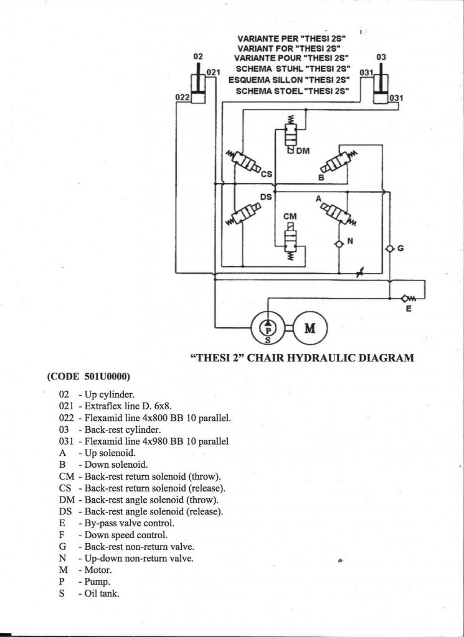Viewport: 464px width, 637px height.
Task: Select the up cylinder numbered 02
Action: point(199,86)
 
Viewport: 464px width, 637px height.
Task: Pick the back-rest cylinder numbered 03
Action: point(381,87)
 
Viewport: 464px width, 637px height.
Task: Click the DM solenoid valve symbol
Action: point(290,134)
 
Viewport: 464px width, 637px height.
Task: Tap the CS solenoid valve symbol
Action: point(245,164)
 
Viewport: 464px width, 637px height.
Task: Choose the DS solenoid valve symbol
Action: point(244,216)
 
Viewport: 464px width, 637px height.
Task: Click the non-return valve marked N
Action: point(339,243)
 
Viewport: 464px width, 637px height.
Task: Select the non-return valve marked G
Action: point(389,248)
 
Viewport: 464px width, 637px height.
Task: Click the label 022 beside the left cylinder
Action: point(182,97)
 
